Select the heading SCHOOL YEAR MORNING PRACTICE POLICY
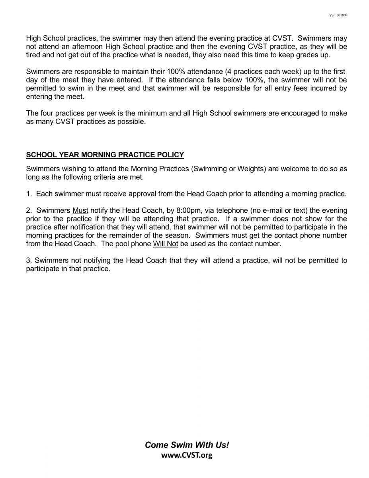(x=105, y=155)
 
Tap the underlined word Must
(x=80, y=210)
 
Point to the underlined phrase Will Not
(x=165, y=244)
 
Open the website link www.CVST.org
(x=187, y=455)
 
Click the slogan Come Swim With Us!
(x=187, y=445)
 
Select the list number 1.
(x=28, y=194)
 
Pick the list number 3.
(x=28, y=261)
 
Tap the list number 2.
(x=28, y=210)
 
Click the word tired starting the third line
(x=34, y=55)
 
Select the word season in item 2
(x=180, y=235)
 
